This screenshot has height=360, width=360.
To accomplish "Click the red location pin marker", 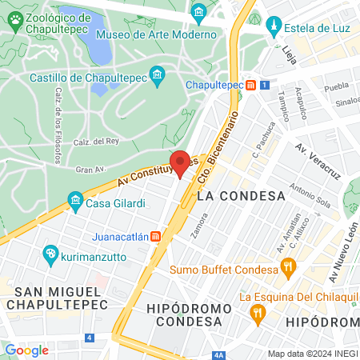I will pyautogui.click(x=181, y=162).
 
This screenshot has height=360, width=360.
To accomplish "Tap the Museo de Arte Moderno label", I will pyautogui.click(x=155, y=35).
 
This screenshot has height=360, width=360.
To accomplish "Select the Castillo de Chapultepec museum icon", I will pyautogui.click(x=158, y=78).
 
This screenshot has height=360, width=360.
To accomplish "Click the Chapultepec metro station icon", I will pyautogui.click(x=251, y=84).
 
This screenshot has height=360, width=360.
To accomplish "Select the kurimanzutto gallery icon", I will pyautogui.click(x=50, y=254).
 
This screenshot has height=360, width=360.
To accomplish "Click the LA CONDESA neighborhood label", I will pyautogui.click(x=241, y=196).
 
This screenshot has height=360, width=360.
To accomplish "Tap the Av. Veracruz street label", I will pyautogui.click(x=318, y=160).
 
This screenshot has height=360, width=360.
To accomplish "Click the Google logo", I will pyautogui.click(x=26, y=350).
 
